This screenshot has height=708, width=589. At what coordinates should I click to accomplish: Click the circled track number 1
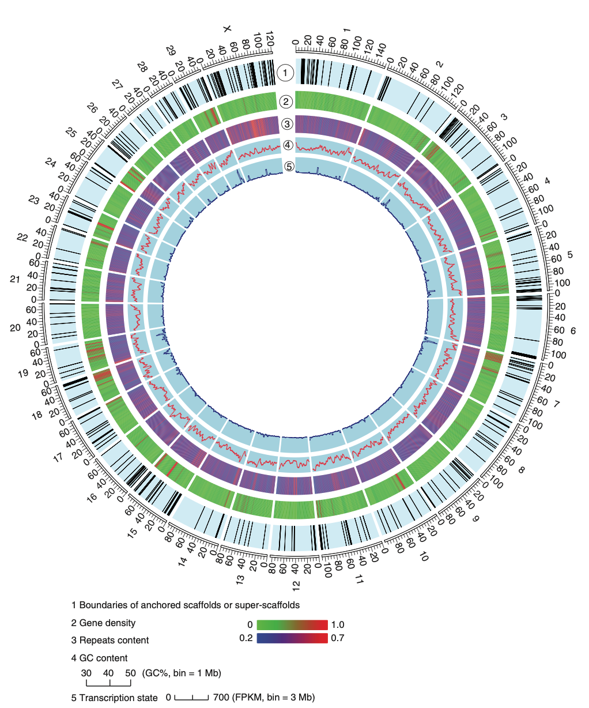pyautogui.click(x=285, y=73)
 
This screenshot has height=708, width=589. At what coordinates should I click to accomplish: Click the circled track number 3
pyautogui.click(x=286, y=124)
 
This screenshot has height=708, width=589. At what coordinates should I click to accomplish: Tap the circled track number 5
pyautogui.click(x=289, y=166)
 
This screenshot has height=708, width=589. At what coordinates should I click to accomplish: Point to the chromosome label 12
pyautogui.click(x=296, y=585)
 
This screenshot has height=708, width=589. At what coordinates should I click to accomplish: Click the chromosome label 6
pyautogui.click(x=573, y=331)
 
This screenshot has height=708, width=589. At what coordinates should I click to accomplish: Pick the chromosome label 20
pyautogui.click(x=16, y=327)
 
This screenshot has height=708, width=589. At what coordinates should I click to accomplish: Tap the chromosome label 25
pyautogui.click(x=71, y=132)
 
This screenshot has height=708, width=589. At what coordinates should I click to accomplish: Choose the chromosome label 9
pyautogui.click(x=475, y=519)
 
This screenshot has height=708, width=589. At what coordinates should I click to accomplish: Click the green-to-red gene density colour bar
pyautogui.click(x=292, y=625)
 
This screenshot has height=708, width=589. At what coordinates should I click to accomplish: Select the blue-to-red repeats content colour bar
pyautogui.click(x=292, y=638)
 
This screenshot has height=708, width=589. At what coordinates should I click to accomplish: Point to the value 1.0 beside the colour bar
pyautogui.click(x=338, y=625)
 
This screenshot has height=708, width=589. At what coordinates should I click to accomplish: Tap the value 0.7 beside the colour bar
pyautogui.click(x=338, y=638)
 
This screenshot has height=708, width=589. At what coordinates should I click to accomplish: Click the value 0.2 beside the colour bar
pyautogui.click(x=246, y=638)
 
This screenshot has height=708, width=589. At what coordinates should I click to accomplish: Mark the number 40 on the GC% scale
pyautogui.click(x=108, y=673)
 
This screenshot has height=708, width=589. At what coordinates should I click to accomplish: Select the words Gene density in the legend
pyautogui.click(x=107, y=623)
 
